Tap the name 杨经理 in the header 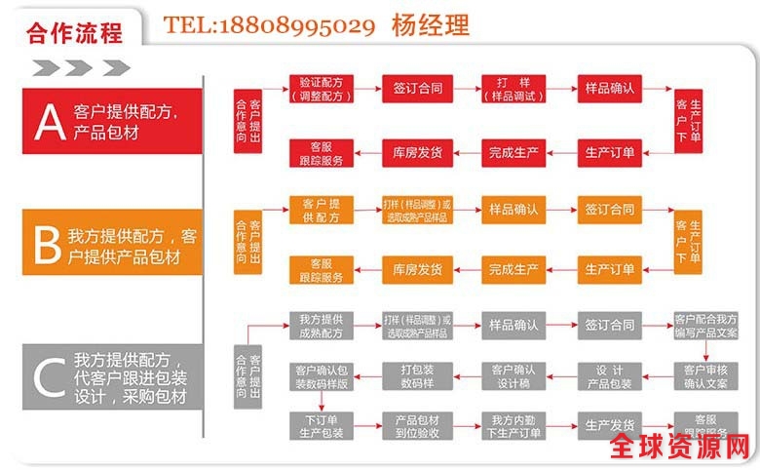pyautogui.click(x=430, y=25)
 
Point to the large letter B pyautogui.click(x=47, y=246)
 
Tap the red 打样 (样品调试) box pyautogui.click(x=513, y=89)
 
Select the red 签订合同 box pyautogui.click(x=417, y=89)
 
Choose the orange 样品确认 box pyautogui.click(x=513, y=209)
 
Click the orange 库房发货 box pyautogui.click(x=417, y=269)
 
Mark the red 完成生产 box pyautogui.click(x=513, y=152)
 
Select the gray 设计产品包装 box pyautogui.click(x=609, y=375)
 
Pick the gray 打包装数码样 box pyautogui.click(x=417, y=375)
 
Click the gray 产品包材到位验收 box pyautogui.click(x=417, y=426)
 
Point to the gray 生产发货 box pyautogui.click(x=609, y=425)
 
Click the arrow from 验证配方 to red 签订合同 pyautogui.click(x=368, y=89)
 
